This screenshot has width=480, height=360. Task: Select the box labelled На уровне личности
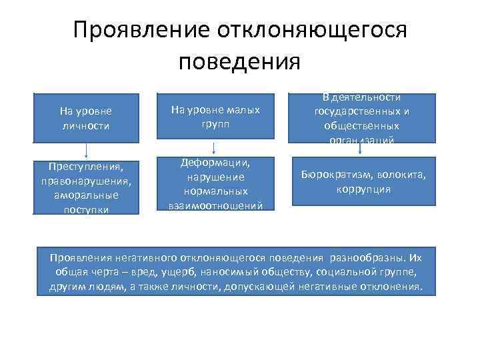85,117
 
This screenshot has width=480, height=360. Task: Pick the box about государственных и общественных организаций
363,118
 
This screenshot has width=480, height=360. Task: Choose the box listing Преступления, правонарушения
85,187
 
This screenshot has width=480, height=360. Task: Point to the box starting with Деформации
215,184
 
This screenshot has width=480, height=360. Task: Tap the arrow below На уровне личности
85,150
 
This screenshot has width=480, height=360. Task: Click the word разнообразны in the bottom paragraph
371,257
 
